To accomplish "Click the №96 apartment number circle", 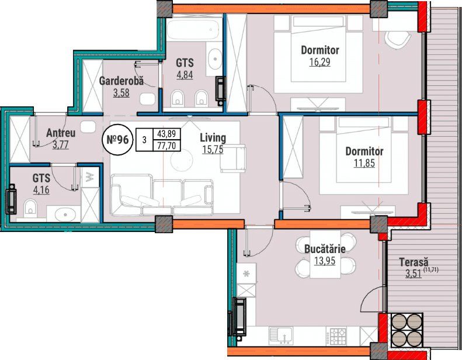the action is pos(117,140).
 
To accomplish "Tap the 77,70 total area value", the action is pos(167,146).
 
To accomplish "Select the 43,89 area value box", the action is pos(167,134).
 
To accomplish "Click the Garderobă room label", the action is pos(121,81).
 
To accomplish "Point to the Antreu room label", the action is pos(61,133).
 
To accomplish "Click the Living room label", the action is pos(213,138).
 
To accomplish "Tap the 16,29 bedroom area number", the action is pos(319,62).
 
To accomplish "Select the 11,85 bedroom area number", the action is pos(364,163).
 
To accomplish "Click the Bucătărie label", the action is pos(325,249).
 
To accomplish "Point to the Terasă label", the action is pos(414,262).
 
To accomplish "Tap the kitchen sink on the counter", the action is pos(281,335).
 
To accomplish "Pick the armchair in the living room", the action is pos(233,158).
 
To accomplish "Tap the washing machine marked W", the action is pos(90,177).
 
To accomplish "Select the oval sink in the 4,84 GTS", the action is pos(215,59).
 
